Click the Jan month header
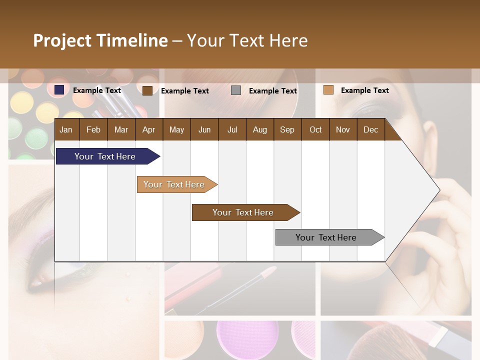(x=66, y=129)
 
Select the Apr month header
(x=148, y=129)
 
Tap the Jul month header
(x=232, y=129)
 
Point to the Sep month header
(x=287, y=129)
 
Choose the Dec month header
(x=370, y=129)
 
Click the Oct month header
(x=315, y=129)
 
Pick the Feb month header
(x=93, y=129)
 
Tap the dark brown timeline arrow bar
(x=243, y=212)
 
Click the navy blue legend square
(x=59, y=90)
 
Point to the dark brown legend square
(x=147, y=90)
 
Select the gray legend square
(x=236, y=90)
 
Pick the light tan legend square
(x=328, y=90)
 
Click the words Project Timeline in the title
(x=100, y=40)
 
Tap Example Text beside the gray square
(x=273, y=90)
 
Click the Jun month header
(x=204, y=129)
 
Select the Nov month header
(x=343, y=129)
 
